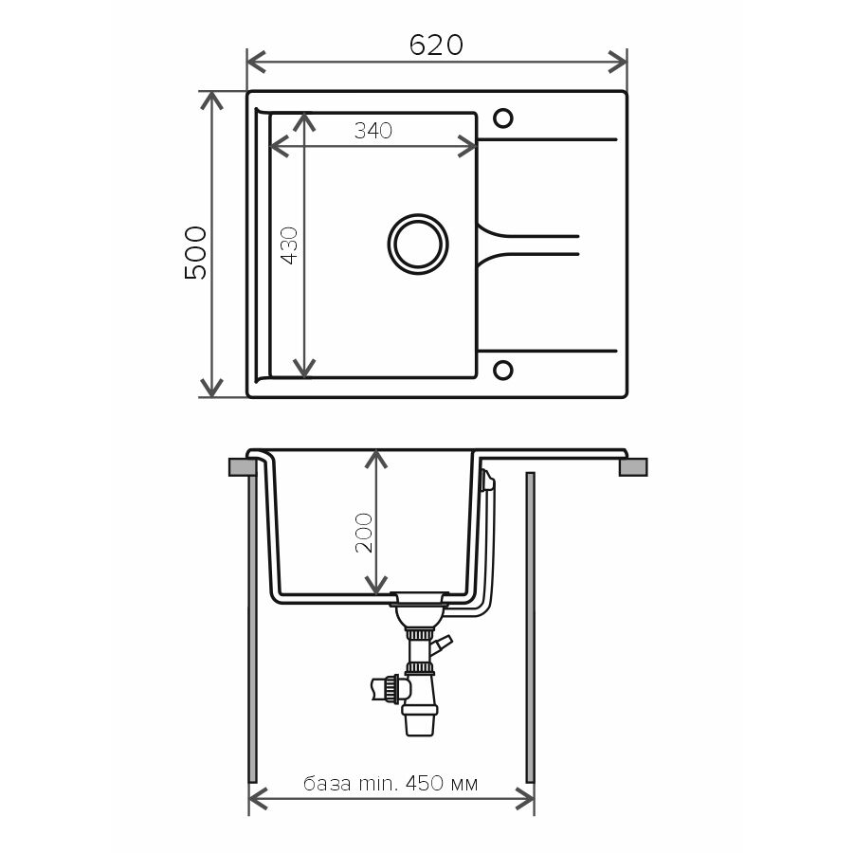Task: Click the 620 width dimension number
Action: tap(436, 45)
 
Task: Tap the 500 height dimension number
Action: tap(196, 253)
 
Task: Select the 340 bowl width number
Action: tap(373, 131)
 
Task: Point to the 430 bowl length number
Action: tap(290, 245)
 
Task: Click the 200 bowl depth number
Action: tap(364, 533)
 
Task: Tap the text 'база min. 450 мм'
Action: tap(391, 783)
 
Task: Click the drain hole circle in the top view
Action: tap(418, 244)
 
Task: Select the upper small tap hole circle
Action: tap(502, 118)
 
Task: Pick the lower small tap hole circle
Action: tap(502, 370)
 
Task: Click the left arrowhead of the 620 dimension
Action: tap(255, 63)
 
